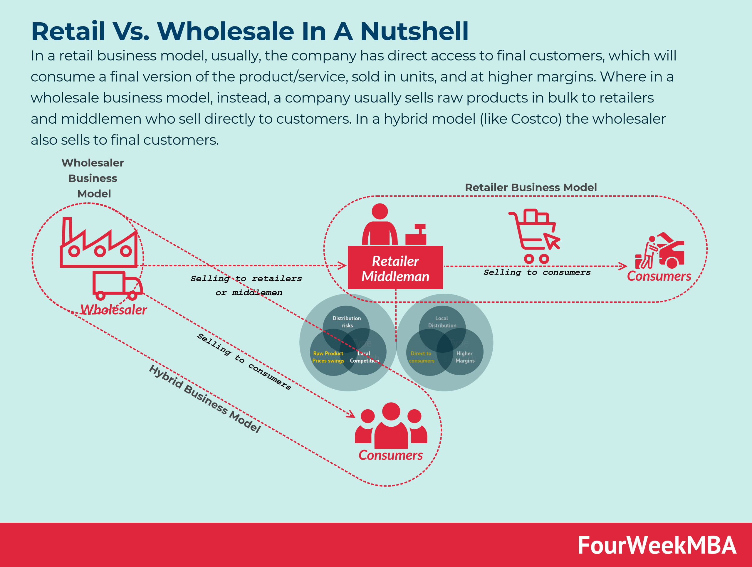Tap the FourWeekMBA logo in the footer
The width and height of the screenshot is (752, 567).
pyautogui.click(x=657, y=545)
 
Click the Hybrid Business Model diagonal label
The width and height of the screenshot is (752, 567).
pyautogui.click(x=205, y=399)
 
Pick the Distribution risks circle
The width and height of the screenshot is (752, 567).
pyautogui.click(x=346, y=322)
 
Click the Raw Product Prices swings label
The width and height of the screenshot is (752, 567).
pyautogui.click(x=328, y=357)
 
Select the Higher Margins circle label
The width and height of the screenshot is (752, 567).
pyautogui.click(x=465, y=357)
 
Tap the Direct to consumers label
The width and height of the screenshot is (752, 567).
pyautogui.click(x=422, y=357)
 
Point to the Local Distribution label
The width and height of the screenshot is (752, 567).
pyautogui.click(x=442, y=322)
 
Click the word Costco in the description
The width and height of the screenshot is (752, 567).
pyautogui.click(x=536, y=119)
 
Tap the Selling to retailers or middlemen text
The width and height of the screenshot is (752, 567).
pyautogui.click(x=246, y=285)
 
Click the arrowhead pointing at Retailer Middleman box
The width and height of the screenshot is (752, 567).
pyautogui.click(x=343, y=266)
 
